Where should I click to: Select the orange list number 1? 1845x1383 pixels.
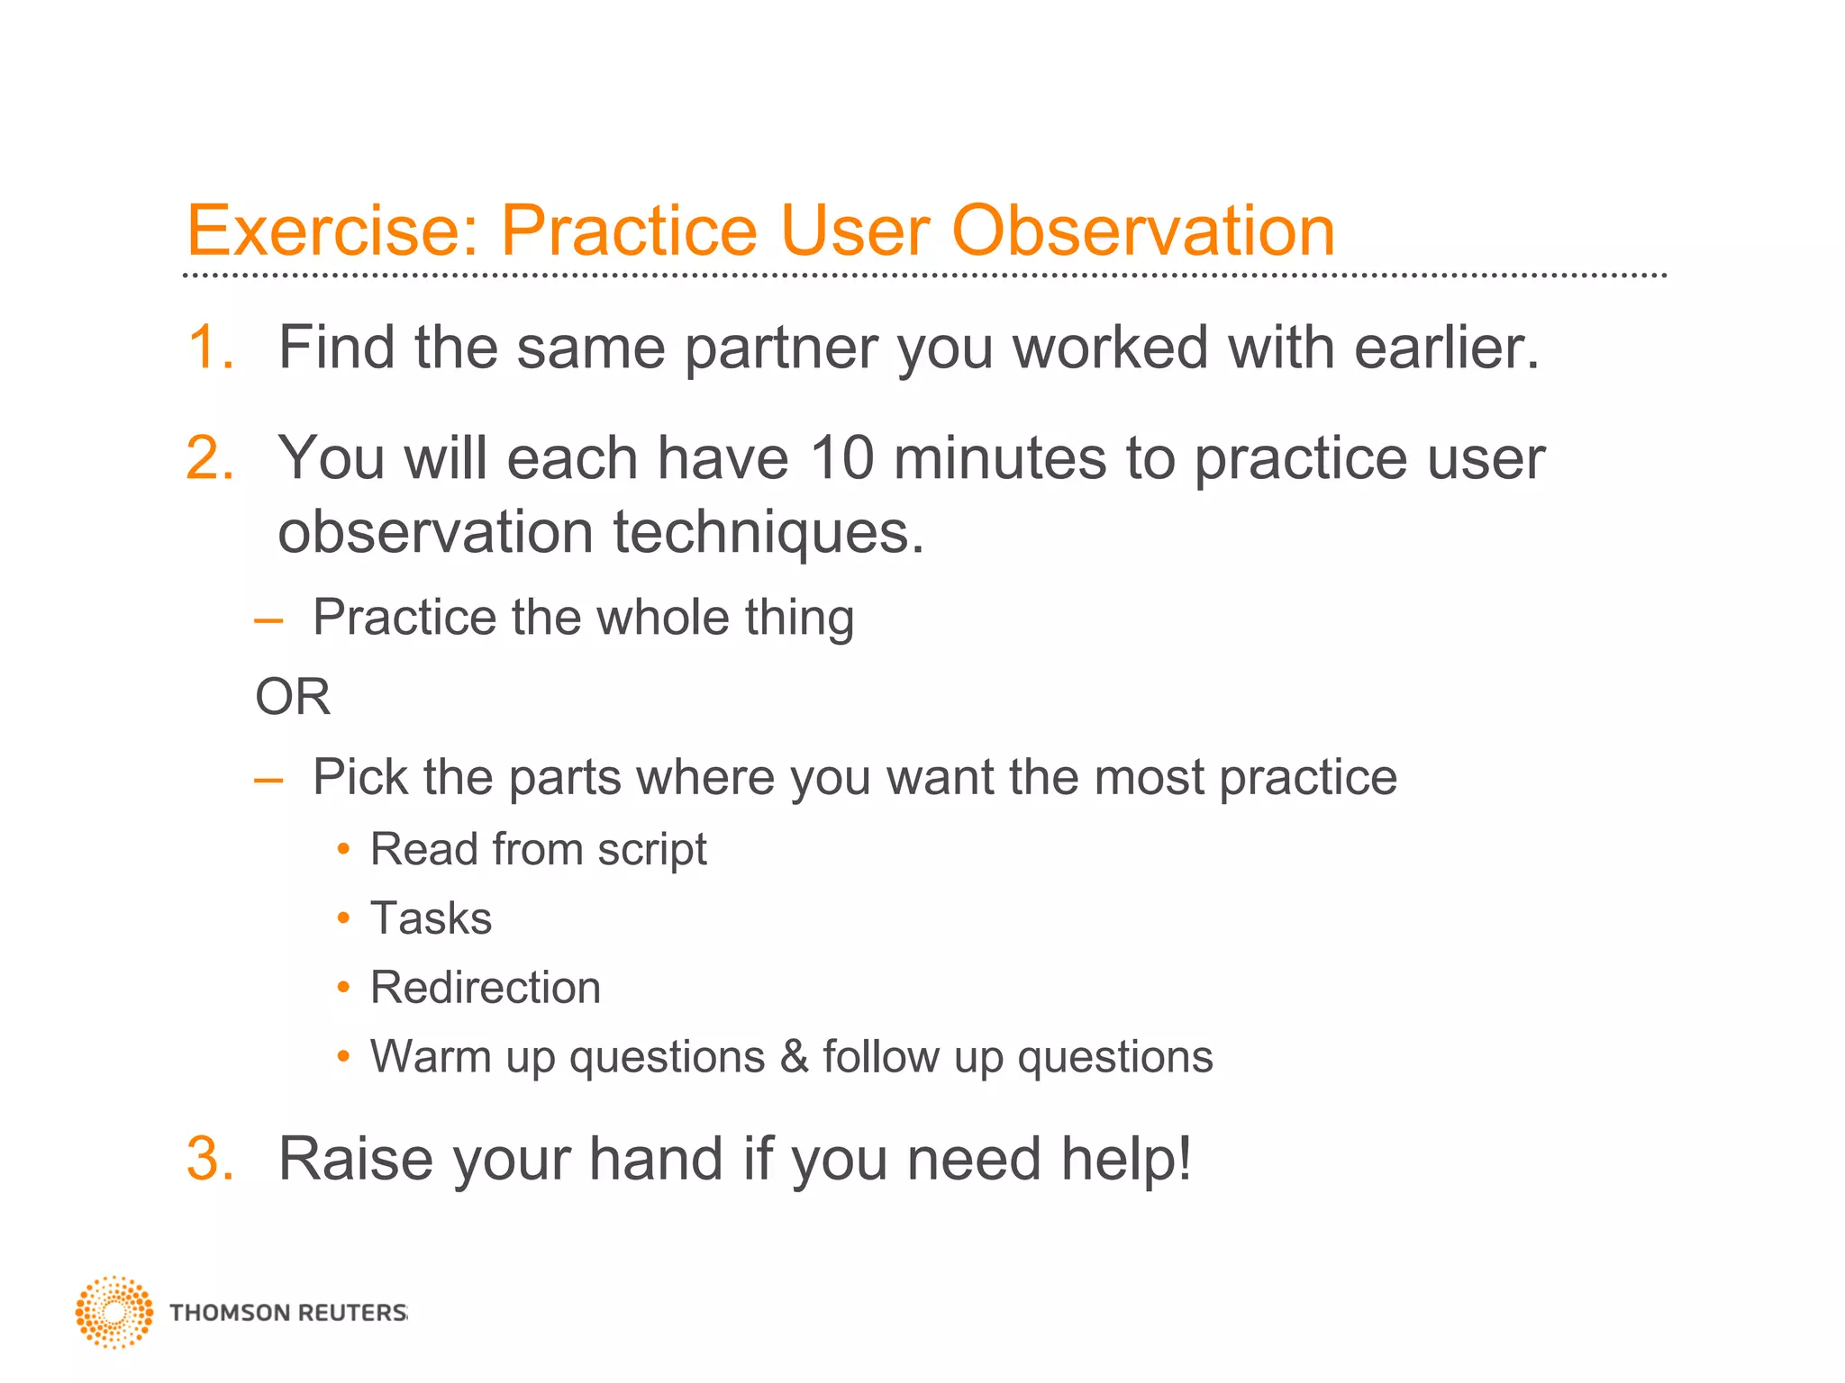click(x=210, y=348)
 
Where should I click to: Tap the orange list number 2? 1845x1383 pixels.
click(x=210, y=458)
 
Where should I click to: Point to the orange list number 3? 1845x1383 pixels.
click(x=210, y=1159)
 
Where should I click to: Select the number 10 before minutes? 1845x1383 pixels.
click(x=841, y=458)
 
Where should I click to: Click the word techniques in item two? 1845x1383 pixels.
click(x=768, y=533)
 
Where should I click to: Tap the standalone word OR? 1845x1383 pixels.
click(x=293, y=697)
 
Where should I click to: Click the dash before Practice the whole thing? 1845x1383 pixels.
click(x=268, y=620)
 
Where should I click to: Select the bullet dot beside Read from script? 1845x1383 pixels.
click(x=343, y=849)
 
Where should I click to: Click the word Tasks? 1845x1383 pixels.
click(x=431, y=919)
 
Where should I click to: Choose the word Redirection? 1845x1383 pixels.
click(x=486, y=988)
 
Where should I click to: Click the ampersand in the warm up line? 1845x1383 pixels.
click(x=794, y=1057)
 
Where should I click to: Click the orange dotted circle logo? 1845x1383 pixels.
click(x=114, y=1312)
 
